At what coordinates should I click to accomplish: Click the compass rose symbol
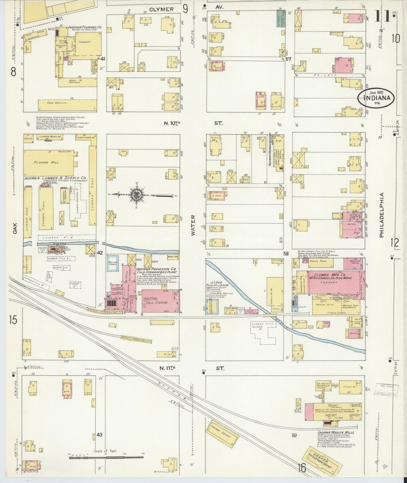tap(136, 195)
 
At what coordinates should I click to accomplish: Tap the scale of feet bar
tap(106, 457)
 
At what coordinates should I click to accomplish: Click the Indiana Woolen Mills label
tap(335, 432)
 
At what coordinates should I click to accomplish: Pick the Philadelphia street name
tap(382, 215)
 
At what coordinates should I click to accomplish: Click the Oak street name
tap(15, 228)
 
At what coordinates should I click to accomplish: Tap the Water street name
tap(193, 225)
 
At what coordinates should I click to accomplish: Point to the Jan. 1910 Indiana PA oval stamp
tap(376, 98)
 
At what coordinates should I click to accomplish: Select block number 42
tap(99, 253)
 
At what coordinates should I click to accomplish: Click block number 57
tap(288, 59)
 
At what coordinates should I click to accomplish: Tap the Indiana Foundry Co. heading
tap(85, 28)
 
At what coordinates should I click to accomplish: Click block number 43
tap(99, 435)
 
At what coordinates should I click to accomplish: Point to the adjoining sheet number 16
tap(302, 469)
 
